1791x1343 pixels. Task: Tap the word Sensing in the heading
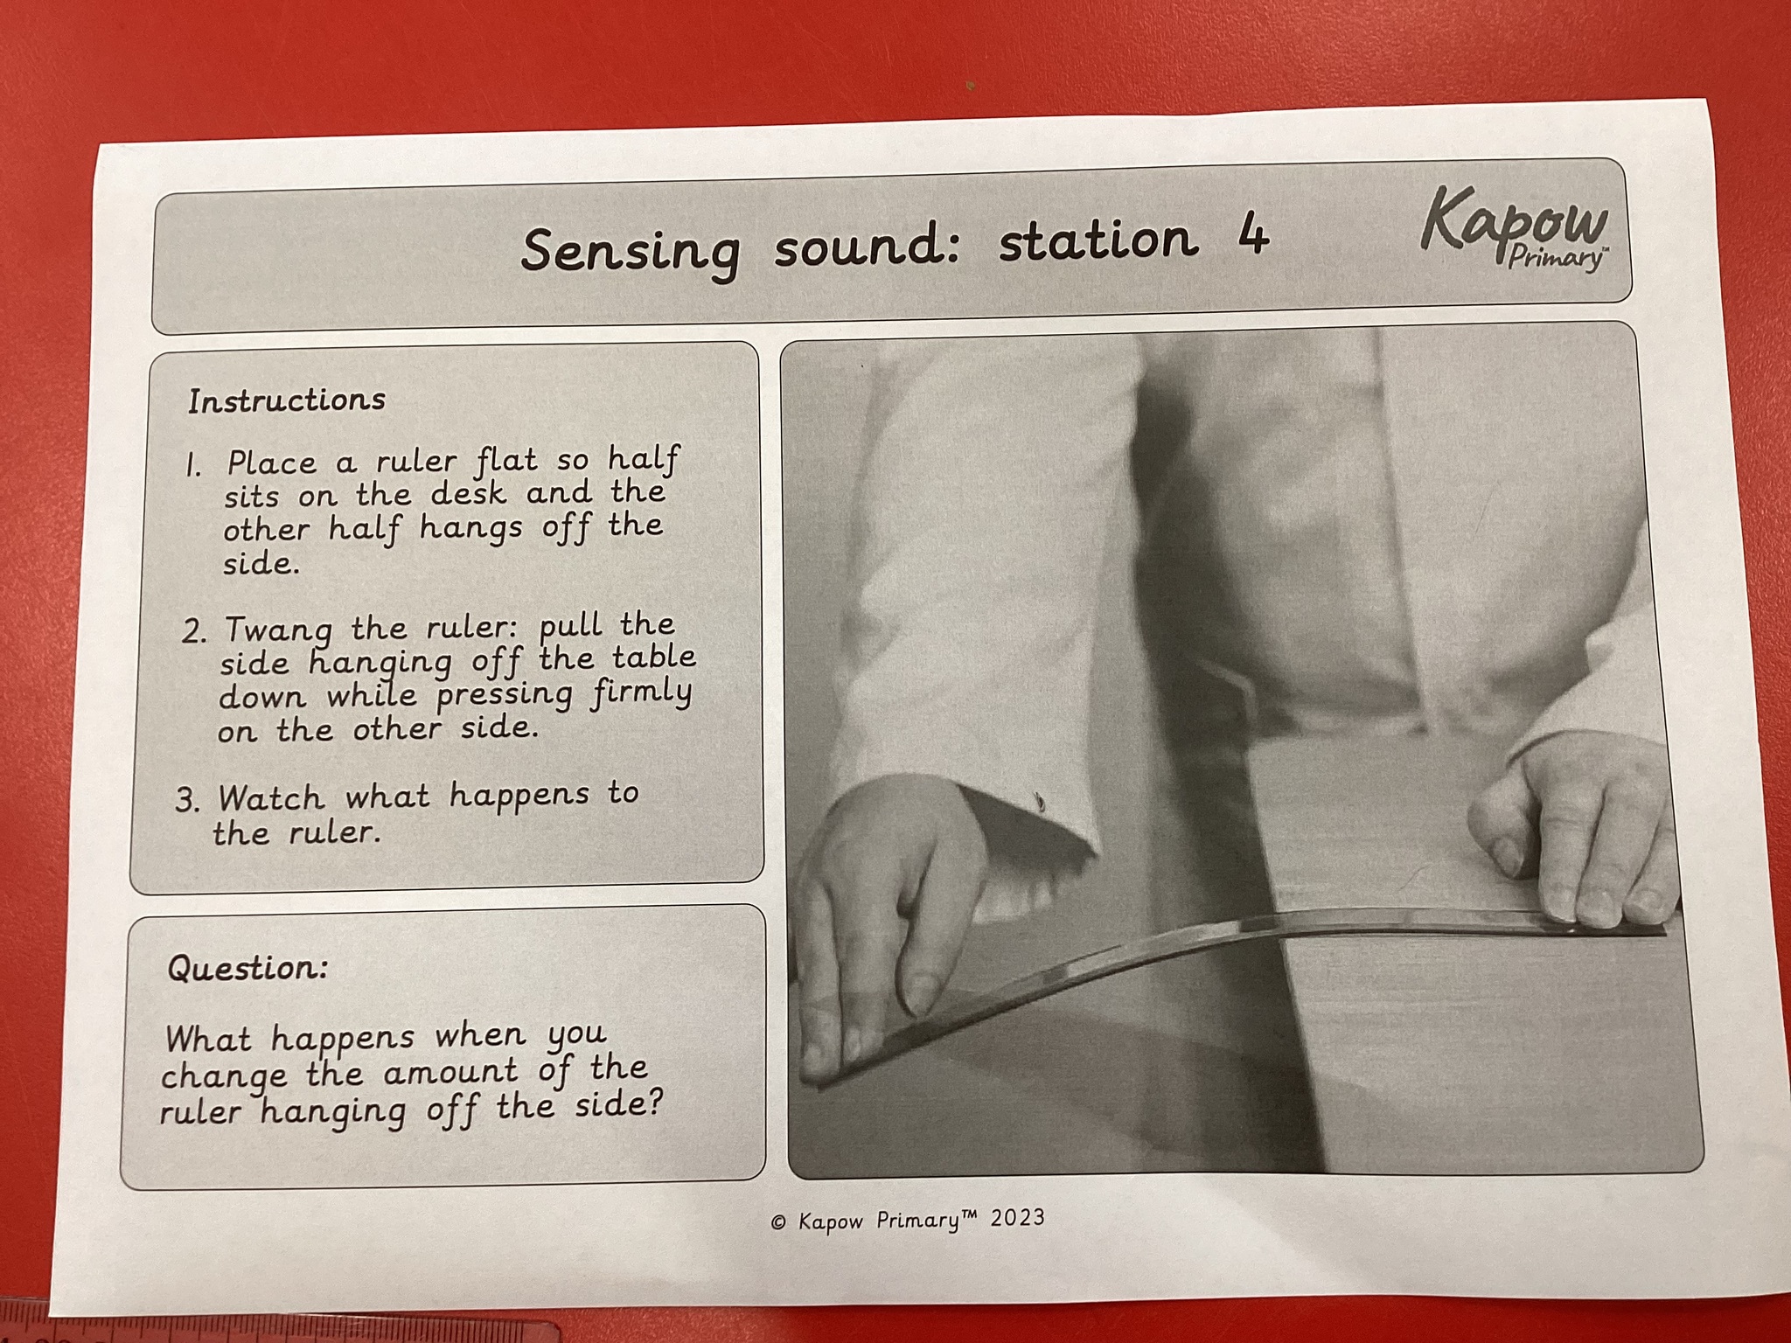(630, 252)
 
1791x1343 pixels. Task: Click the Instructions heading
(286, 400)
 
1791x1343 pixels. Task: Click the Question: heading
(247, 968)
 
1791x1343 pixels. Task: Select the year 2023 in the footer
(1017, 1218)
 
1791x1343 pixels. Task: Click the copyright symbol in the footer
(778, 1223)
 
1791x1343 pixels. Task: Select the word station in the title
(1098, 239)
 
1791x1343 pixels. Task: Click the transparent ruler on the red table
(280, 1332)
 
